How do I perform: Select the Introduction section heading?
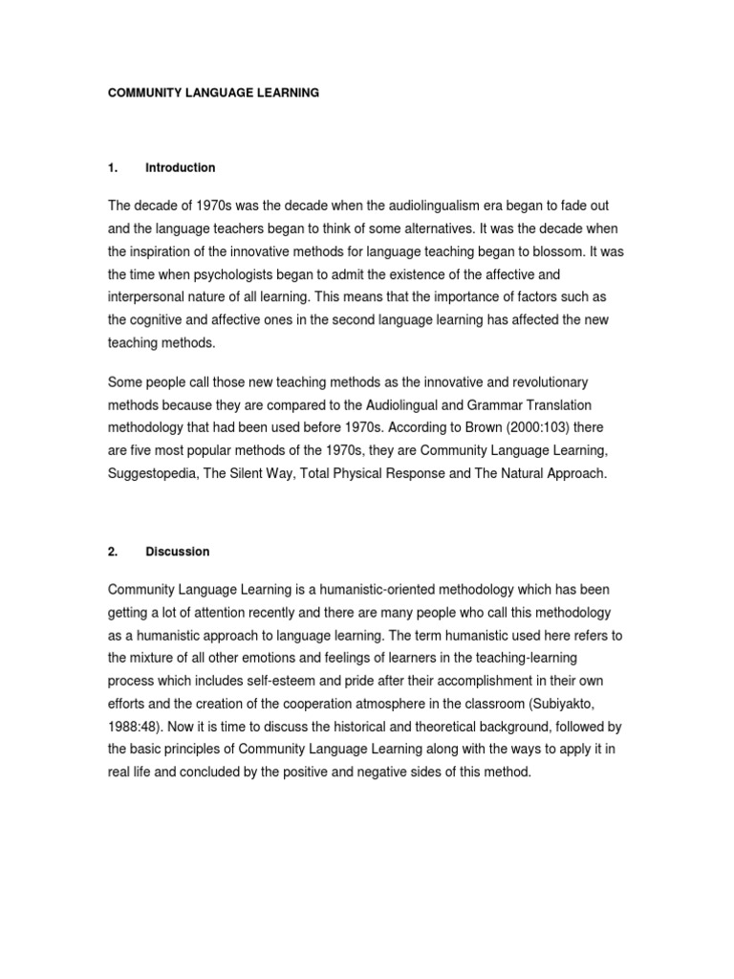click(x=180, y=168)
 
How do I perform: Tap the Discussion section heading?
click(x=177, y=552)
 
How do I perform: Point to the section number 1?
click(x=113, y=168)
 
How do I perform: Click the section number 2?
click(x=113, y=552)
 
